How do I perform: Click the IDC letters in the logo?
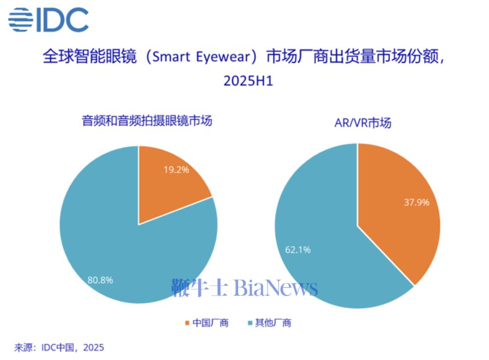(x=61, y=20)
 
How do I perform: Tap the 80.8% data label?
(x=100, y=280)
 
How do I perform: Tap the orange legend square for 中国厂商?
(x=186, y=323)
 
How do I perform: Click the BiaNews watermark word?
(x=276, y=288)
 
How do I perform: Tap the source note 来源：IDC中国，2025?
(x=59, y=348)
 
